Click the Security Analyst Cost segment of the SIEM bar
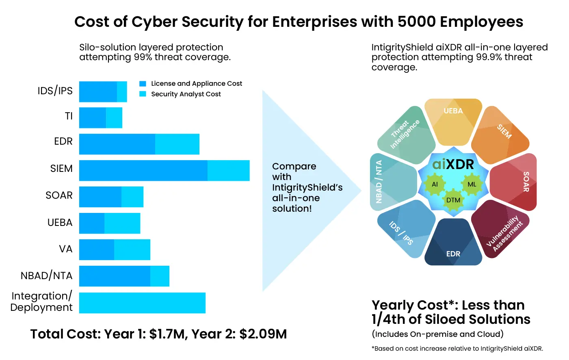[x=228, y=171]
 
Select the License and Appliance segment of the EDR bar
[x=117, y=144]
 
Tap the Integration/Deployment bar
[x=142, y=303]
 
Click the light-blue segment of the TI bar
[x=114, y=117]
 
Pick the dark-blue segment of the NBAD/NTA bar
[x=115, y=276]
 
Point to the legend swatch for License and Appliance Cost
[x=143, y=84]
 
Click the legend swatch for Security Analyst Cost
[x=143, y=94]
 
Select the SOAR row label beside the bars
[x=59, y=195]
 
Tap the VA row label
[x=65, y=249]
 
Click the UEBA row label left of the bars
[x=60, y=222]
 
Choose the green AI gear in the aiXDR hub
[x=435, y=184]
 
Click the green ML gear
[x=472, y=184]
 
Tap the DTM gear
[x=453, y=200]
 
